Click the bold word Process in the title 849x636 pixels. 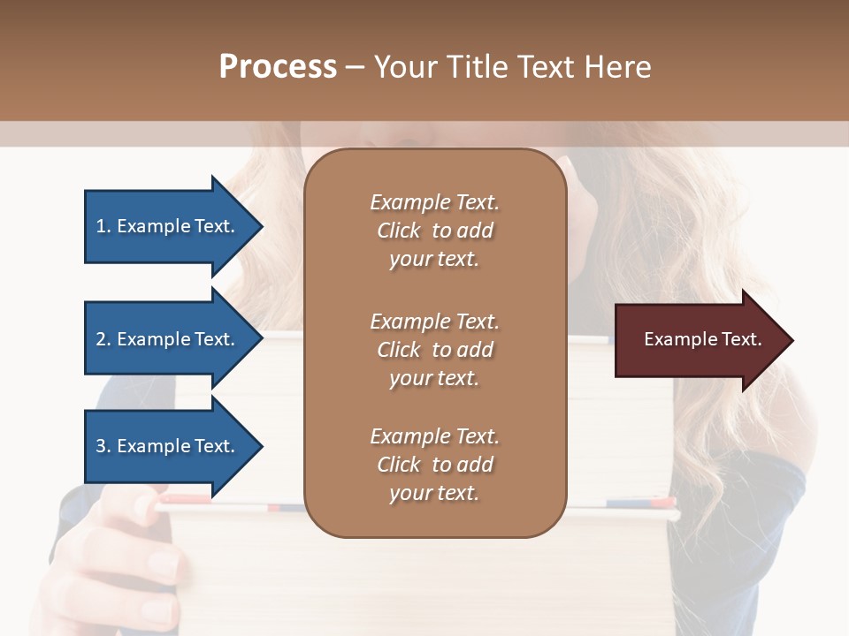click(x=278, y=67)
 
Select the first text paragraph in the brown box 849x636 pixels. click(x=434, y=231)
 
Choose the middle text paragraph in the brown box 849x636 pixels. click(x=434, y=350)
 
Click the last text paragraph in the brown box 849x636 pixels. click(x=434, y=465)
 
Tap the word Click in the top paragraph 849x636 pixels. click(x=399, y=231)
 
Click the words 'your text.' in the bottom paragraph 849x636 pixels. click(x=434, y=493)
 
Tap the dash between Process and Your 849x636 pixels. click(x=355, y=68)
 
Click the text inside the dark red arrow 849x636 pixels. click(x=702, y=340)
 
